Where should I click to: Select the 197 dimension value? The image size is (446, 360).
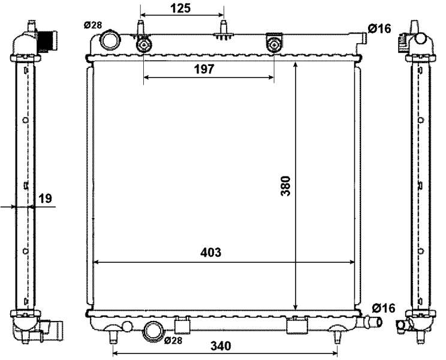click(x=204, y=70)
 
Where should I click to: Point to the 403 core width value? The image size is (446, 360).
click(x=210, y=253)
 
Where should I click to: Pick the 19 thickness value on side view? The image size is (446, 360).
click(x=45, y=197)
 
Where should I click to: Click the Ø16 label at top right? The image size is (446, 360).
click(x=381, y=28)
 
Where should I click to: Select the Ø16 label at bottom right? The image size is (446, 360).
click(x=384, y=308)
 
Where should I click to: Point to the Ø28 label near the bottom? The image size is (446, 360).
click(x=173, y=340)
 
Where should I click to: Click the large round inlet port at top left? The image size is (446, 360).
click(x=111, y=40)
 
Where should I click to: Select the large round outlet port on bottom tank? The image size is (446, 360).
click(x=154, y=330)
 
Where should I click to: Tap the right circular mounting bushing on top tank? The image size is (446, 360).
click(x=274, y=44)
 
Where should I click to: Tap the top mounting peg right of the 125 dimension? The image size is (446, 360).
click(x=225, y=30)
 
